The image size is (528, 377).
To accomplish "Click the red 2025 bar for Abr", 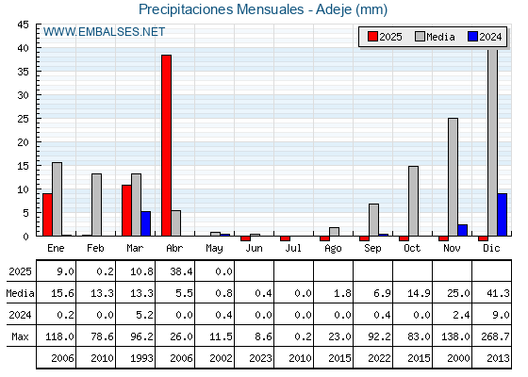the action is coord(166,145).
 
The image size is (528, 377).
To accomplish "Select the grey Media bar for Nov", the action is coord(453,177).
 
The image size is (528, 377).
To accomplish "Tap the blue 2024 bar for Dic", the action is coord(502,215).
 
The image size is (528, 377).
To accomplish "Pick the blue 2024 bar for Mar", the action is coord(146,224).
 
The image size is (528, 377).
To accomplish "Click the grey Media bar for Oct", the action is coord(414,201).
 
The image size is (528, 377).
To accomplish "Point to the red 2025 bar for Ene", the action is coord(47,215).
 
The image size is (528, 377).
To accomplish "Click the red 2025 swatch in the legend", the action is coord(372,37).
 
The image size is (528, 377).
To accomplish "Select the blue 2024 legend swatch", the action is coord(472,37).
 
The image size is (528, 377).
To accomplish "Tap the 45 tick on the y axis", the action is coord(24,25).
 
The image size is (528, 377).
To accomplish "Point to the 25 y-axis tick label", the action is coord(24,119).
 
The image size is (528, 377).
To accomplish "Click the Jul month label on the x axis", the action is coord(293,248).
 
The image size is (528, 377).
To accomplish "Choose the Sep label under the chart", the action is coord(372,249).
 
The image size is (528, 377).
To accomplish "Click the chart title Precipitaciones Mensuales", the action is coord(221,9).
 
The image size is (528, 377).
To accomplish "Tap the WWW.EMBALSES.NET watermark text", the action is coord(104,32).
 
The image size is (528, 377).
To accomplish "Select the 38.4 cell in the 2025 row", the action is coord(181,271).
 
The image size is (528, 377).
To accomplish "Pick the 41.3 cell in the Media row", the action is coord(498,293).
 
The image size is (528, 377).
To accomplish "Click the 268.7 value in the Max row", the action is coord(495,336).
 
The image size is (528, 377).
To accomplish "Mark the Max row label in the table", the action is coord(20,336).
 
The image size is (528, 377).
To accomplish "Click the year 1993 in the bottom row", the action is coord(141,358).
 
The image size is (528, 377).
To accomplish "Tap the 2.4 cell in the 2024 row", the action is coord(461,315).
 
